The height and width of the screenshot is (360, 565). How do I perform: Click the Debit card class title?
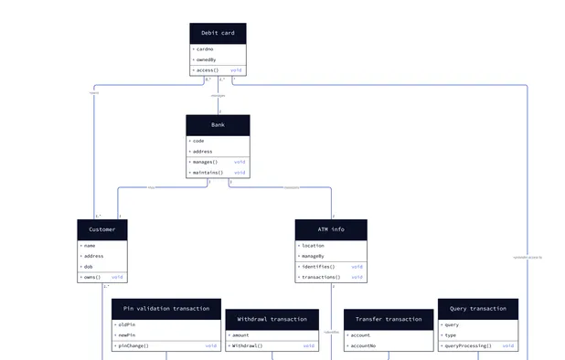(x=218, y=33)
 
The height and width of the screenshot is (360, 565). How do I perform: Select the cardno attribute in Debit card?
(x=205, y=49)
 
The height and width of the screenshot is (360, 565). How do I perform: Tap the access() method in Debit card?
(x=208, y=70)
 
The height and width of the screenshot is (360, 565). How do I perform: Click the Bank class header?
(x=218, y=124)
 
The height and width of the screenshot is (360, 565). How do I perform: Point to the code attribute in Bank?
(x=198, y=141)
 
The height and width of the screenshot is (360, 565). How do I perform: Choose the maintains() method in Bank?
(x=207, y=173)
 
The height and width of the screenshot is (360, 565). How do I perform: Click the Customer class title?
(x=102, y=228)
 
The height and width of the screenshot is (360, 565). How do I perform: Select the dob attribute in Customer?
(x=88, y=267)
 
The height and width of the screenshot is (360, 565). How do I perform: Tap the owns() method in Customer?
(x=91, y=277)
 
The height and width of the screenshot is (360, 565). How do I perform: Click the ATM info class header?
(x=331, y=228)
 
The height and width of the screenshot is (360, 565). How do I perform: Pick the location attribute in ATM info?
(x=313, y=245)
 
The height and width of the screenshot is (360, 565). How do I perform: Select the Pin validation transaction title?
(x=166, y=308)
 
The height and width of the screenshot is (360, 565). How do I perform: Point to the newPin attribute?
(x=127, y=334)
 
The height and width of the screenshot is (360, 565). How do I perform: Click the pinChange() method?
(x=134, y=346)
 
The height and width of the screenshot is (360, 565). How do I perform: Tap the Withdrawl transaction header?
(x=272, y=319)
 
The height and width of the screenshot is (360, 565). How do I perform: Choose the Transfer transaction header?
(x=389, y=319)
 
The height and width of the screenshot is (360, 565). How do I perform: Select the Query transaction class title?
(x=477, y=308)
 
